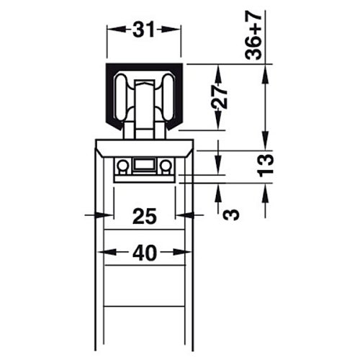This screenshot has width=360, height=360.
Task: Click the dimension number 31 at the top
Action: [x=144, y=30]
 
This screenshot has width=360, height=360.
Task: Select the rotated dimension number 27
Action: [x=219, y=98]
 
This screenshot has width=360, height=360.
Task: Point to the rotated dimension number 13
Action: [x=265, y=165]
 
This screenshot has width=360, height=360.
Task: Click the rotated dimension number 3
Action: [x=231, y=215]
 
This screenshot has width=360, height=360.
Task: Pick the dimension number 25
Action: [x=145, y=216]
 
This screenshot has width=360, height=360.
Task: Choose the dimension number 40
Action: [x=145, y=253]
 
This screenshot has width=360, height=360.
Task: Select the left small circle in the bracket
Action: [x=123, y=166]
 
